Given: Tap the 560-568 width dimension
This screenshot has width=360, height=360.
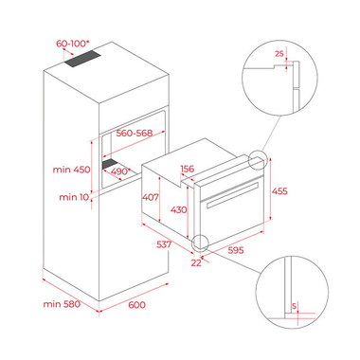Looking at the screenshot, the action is pos(135,133).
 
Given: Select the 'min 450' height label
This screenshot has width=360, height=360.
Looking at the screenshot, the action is pos(71,170).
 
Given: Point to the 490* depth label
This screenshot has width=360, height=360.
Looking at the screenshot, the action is pos(120,171).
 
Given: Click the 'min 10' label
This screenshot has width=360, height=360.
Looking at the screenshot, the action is pos(74,197).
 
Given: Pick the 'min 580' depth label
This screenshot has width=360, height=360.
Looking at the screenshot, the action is pos(62,304).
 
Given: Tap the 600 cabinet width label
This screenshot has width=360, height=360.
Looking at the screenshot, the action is pos(137,305).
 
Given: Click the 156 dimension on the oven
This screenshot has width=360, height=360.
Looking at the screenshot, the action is pos(188,169).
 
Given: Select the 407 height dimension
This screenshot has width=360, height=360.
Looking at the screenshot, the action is pos(151,197).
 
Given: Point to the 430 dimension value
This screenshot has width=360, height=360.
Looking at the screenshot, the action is pos(179,209).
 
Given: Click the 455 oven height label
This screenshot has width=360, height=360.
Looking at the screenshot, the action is pos(279,191).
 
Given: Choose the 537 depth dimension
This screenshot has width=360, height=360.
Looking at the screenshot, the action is pos(164,244).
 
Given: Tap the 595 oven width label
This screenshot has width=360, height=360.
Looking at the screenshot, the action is pos(236,250).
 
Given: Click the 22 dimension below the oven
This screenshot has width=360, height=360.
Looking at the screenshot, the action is pos(196,262).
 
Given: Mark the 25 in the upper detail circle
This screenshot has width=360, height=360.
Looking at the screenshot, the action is pos(279,54).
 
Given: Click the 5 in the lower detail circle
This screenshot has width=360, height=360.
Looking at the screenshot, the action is pos(294,306).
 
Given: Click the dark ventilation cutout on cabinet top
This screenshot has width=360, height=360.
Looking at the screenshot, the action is pos(83,59).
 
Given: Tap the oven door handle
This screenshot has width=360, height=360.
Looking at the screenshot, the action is pos(233,194).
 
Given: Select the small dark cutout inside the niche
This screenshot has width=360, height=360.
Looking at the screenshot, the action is pos(110,164).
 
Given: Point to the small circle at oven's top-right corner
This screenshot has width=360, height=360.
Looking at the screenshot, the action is pos(258,160).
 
